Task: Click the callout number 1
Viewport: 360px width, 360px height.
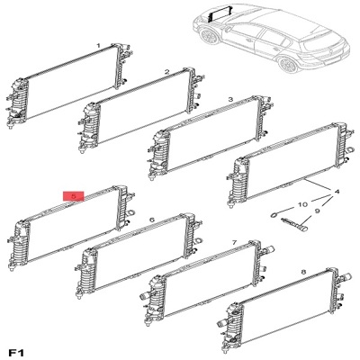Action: [98, 46]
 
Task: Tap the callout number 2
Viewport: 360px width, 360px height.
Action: [167, 72]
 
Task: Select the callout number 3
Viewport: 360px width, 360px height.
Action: [230, 99]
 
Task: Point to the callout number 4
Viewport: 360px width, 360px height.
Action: [337, 192]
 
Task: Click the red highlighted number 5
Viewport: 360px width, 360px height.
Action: [74, 196]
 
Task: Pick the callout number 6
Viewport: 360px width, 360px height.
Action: [152, 220]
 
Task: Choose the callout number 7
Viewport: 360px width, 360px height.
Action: [234, 242]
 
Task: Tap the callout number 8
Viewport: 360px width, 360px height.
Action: [303, 272]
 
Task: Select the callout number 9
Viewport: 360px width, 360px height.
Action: [318, 211]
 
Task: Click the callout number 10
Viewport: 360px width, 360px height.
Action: [302, 204]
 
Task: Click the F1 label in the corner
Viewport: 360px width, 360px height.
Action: [16, 353]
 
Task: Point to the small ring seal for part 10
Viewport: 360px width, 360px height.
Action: [274, 215]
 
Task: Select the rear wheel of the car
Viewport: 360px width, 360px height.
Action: [287, 65]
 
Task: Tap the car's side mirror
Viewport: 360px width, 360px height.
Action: [229, 29]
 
